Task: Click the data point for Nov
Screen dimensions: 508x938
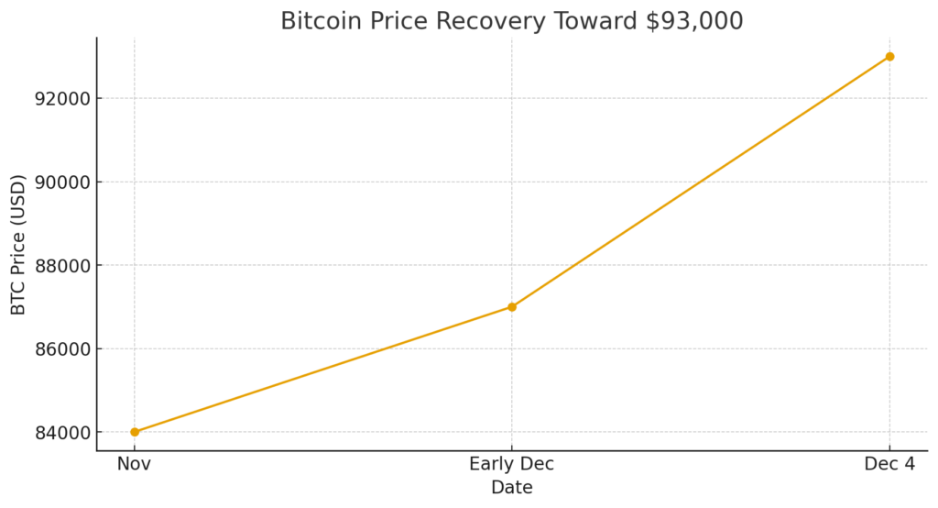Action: coord(135,432)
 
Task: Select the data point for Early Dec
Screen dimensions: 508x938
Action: coord(512,306)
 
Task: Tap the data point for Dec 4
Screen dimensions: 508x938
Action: coord(889,57)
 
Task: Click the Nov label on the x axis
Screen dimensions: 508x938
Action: coord(135,465)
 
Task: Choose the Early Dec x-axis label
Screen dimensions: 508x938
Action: coord(512,465)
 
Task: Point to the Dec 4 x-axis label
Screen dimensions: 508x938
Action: coord(889,465)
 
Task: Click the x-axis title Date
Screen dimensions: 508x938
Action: coord(512,488)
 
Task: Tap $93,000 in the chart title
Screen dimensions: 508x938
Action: coord(694,21)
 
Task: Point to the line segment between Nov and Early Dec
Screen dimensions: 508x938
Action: coord(323,370)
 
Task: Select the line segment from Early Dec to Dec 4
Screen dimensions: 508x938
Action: coord(701,182)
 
